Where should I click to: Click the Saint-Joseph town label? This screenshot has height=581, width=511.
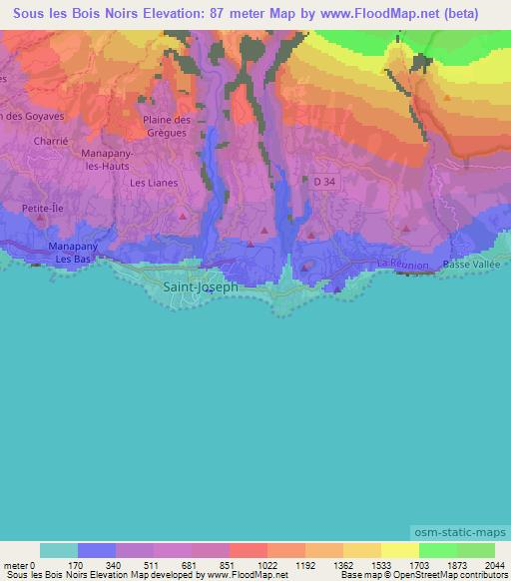pyautogui.click(x=200, y=286)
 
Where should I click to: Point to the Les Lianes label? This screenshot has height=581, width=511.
pyautogui.click(x=153, y=183)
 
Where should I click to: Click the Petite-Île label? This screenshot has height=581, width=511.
pyautogui.click(x=42, y=211)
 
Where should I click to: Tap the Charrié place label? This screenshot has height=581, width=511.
pyautogui.click(x=50, y=142)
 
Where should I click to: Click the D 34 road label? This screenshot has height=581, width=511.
pyautogui.click(x=324, y=182)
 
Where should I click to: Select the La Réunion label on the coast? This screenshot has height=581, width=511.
pyautogui.click(x=402, y=265)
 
